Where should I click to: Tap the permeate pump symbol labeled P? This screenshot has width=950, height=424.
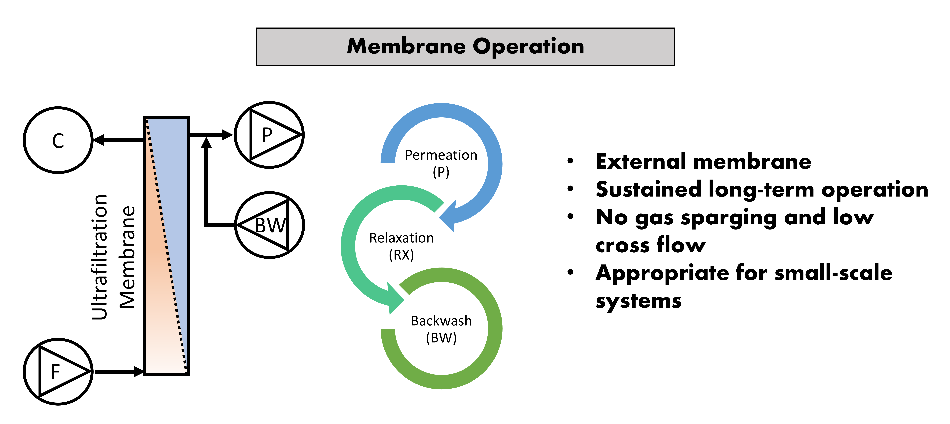tap(269, 135)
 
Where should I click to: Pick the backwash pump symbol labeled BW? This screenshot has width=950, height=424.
tap(269, 225)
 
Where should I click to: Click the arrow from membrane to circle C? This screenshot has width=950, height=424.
tap(118, 140)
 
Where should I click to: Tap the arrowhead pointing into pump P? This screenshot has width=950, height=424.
tap(227, 135)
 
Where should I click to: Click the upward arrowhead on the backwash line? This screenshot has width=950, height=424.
tap(207, 143)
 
